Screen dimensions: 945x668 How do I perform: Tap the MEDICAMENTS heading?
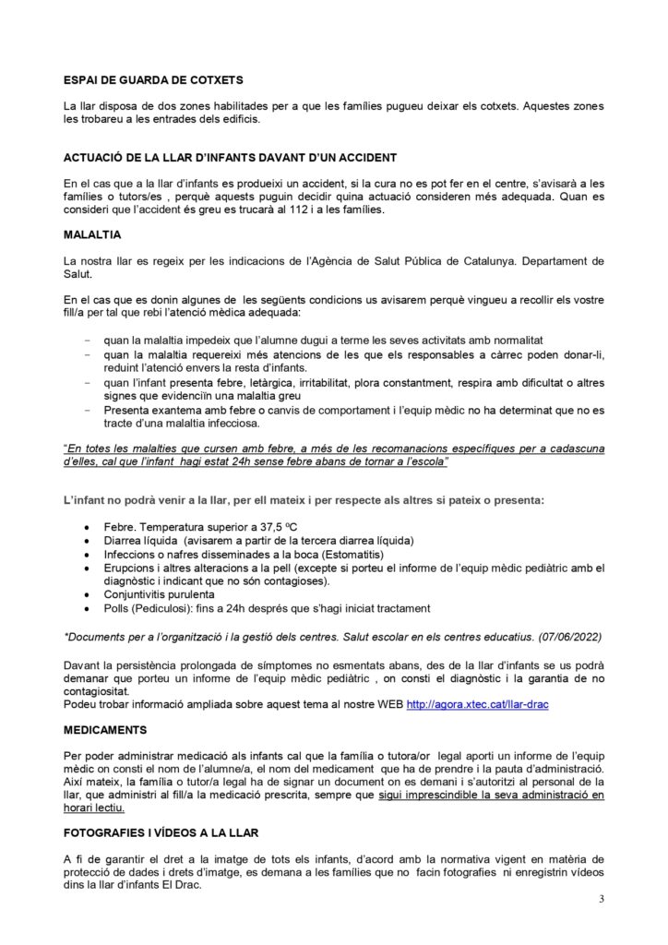coord(106,729)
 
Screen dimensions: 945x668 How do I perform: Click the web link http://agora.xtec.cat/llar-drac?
coord(484,704)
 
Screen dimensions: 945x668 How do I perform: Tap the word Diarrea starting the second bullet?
coord(126,540)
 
